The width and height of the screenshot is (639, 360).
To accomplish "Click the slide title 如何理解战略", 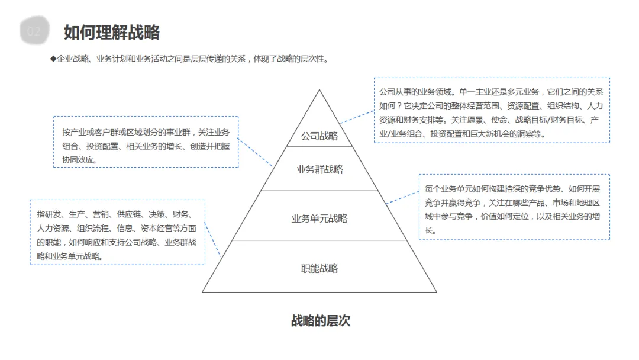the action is pyautogui.click(x=112, y=32).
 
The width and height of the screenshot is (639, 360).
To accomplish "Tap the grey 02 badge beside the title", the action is pyautogui.click(x=34, y=31).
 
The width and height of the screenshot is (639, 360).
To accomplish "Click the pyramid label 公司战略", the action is pyautogui.click(x=319, y=136).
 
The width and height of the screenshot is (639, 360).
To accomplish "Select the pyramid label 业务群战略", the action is pyautogui.click(x=319, y=170).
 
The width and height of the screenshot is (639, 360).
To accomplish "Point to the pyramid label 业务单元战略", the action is pyautogui.click(x=319, y=218).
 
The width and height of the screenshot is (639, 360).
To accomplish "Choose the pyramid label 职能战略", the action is pyautogui.click(x=319, y=269).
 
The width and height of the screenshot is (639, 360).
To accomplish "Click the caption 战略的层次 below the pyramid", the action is pyautogui.click(x=321, y=321).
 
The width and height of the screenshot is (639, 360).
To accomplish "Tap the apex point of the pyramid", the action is pyautogui.click(x=319, y=91).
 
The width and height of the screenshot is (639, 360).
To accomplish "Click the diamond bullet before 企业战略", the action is pyautogui.click(x=53, y=59).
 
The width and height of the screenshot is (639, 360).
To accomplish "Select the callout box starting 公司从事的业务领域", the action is pyautogui.click(x=492, y=110).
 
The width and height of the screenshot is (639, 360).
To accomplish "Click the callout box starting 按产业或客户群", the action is pyautogui.click(x=146, y=142).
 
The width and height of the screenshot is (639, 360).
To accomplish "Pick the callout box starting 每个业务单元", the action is pyautogui.click(x=514, y=207).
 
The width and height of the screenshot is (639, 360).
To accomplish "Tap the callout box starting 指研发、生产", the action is pyautogui.click(x=117, y=232).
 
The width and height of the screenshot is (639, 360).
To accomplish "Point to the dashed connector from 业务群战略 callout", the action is pyautogui.click(x=256, y=151).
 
